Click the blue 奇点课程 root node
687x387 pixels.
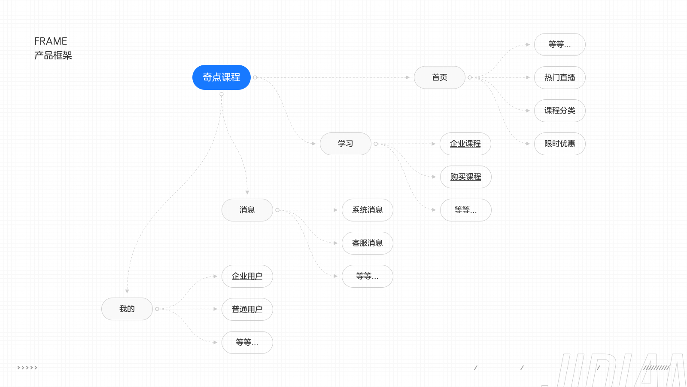point(221,77)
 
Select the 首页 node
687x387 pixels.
point(439,77)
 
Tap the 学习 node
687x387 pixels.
point(345,144)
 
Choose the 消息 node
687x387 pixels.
point(247,210)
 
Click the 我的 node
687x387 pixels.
point(127,309)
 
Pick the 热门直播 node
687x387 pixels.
point(559,77)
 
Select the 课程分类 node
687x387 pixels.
point(559,111)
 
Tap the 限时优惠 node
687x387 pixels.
point(559,144)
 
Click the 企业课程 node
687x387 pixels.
point(465,144)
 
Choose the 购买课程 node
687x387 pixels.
point(465,177)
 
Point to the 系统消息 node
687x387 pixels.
point(367,210)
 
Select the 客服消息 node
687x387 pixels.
point(367,243)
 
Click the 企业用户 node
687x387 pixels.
point(247,276)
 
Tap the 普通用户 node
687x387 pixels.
point(247,309)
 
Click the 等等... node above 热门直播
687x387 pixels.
point(559,44)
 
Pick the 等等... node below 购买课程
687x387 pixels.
point(465,210)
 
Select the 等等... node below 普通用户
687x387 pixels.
point(247,342)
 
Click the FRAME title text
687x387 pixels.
point(51,41)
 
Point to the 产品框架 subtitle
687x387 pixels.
point(53,55)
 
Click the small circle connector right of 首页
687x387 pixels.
point(470,77)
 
